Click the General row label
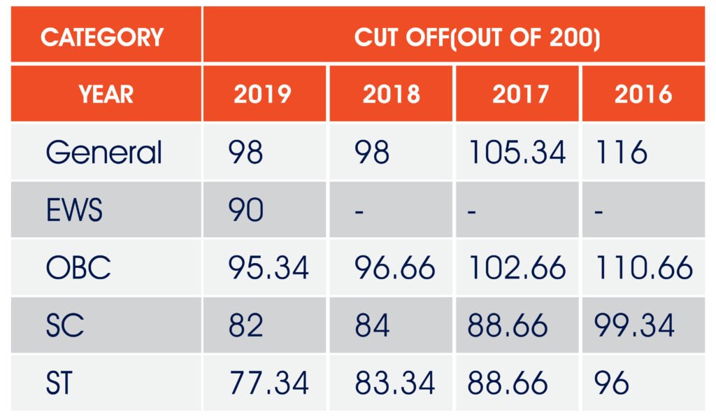[104, 153]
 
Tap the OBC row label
[78, 268]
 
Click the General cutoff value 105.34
[517, 153]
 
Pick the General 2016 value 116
[622, 153]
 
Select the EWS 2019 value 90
[245, 210]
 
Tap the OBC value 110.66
[644, 268]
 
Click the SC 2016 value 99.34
[635, 325]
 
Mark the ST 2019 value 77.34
[268, 383]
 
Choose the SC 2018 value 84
[373, 325]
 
